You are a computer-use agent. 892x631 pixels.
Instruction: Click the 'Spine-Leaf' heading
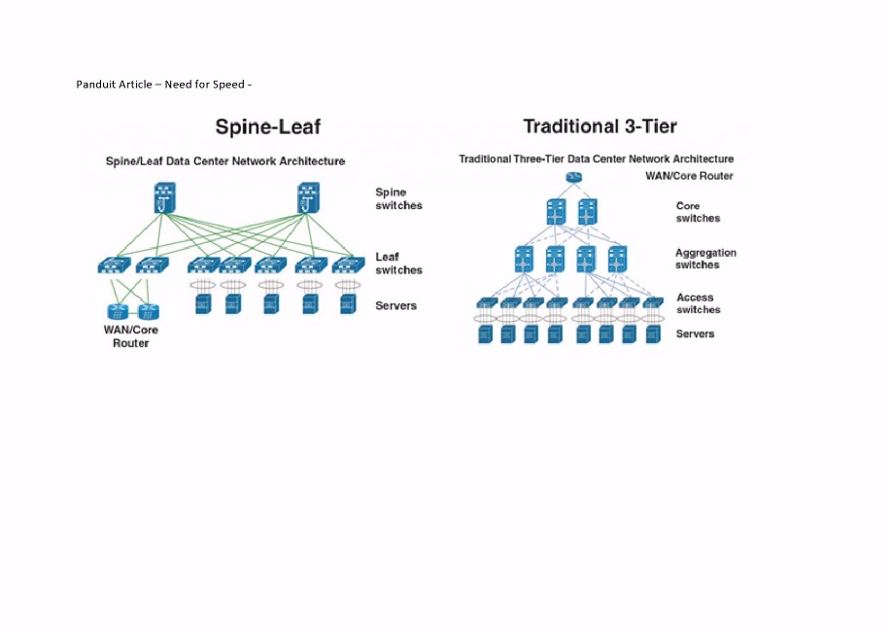268,126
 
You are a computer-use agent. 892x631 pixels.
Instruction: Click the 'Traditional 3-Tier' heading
600,125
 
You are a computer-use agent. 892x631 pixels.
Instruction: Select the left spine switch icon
165,197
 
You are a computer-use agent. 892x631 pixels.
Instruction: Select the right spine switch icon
308,197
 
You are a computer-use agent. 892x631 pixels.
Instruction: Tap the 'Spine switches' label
398,198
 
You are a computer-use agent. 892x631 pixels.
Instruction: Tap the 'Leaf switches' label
398,263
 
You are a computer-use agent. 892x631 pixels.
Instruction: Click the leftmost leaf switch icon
114,265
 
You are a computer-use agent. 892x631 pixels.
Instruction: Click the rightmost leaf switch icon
348,265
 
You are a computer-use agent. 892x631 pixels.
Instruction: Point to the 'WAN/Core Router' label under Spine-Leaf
131,336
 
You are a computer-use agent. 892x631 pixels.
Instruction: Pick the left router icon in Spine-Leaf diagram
118,311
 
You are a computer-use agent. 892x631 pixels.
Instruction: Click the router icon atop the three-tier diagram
574,177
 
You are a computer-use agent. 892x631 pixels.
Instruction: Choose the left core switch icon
556,212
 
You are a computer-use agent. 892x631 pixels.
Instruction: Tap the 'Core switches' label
698,212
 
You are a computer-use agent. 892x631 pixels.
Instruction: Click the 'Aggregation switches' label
705,259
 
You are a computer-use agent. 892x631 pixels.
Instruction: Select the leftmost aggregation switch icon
524,259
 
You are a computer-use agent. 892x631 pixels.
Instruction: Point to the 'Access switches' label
699,303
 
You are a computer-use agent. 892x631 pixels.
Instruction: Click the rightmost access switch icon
653,302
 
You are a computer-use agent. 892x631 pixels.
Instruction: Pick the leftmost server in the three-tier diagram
485,334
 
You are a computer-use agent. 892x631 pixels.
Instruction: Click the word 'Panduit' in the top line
94,85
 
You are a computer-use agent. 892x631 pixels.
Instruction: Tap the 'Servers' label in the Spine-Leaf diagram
395,305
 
